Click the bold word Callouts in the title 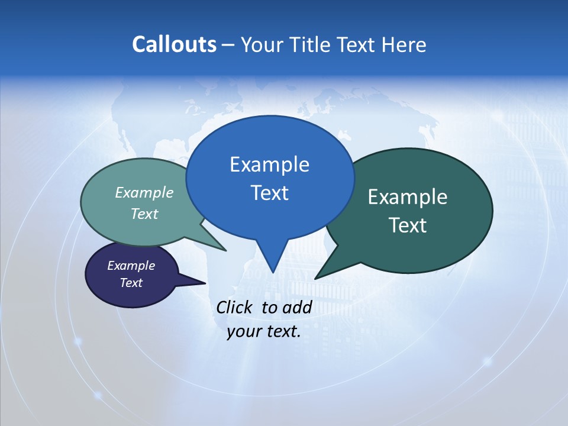pos(174,44)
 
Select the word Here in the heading pos(404,44)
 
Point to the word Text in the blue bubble pos(269,193)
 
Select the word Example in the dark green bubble pos(408,197)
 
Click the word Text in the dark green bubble pos(408,225)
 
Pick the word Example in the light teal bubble pos(144,192)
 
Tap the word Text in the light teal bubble pos(144,214)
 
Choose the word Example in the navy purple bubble pos(131,266)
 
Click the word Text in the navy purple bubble pos(131,283)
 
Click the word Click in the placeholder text pos(235,307)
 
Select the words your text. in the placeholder pos(264,331)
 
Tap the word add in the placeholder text pos(297,307)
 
